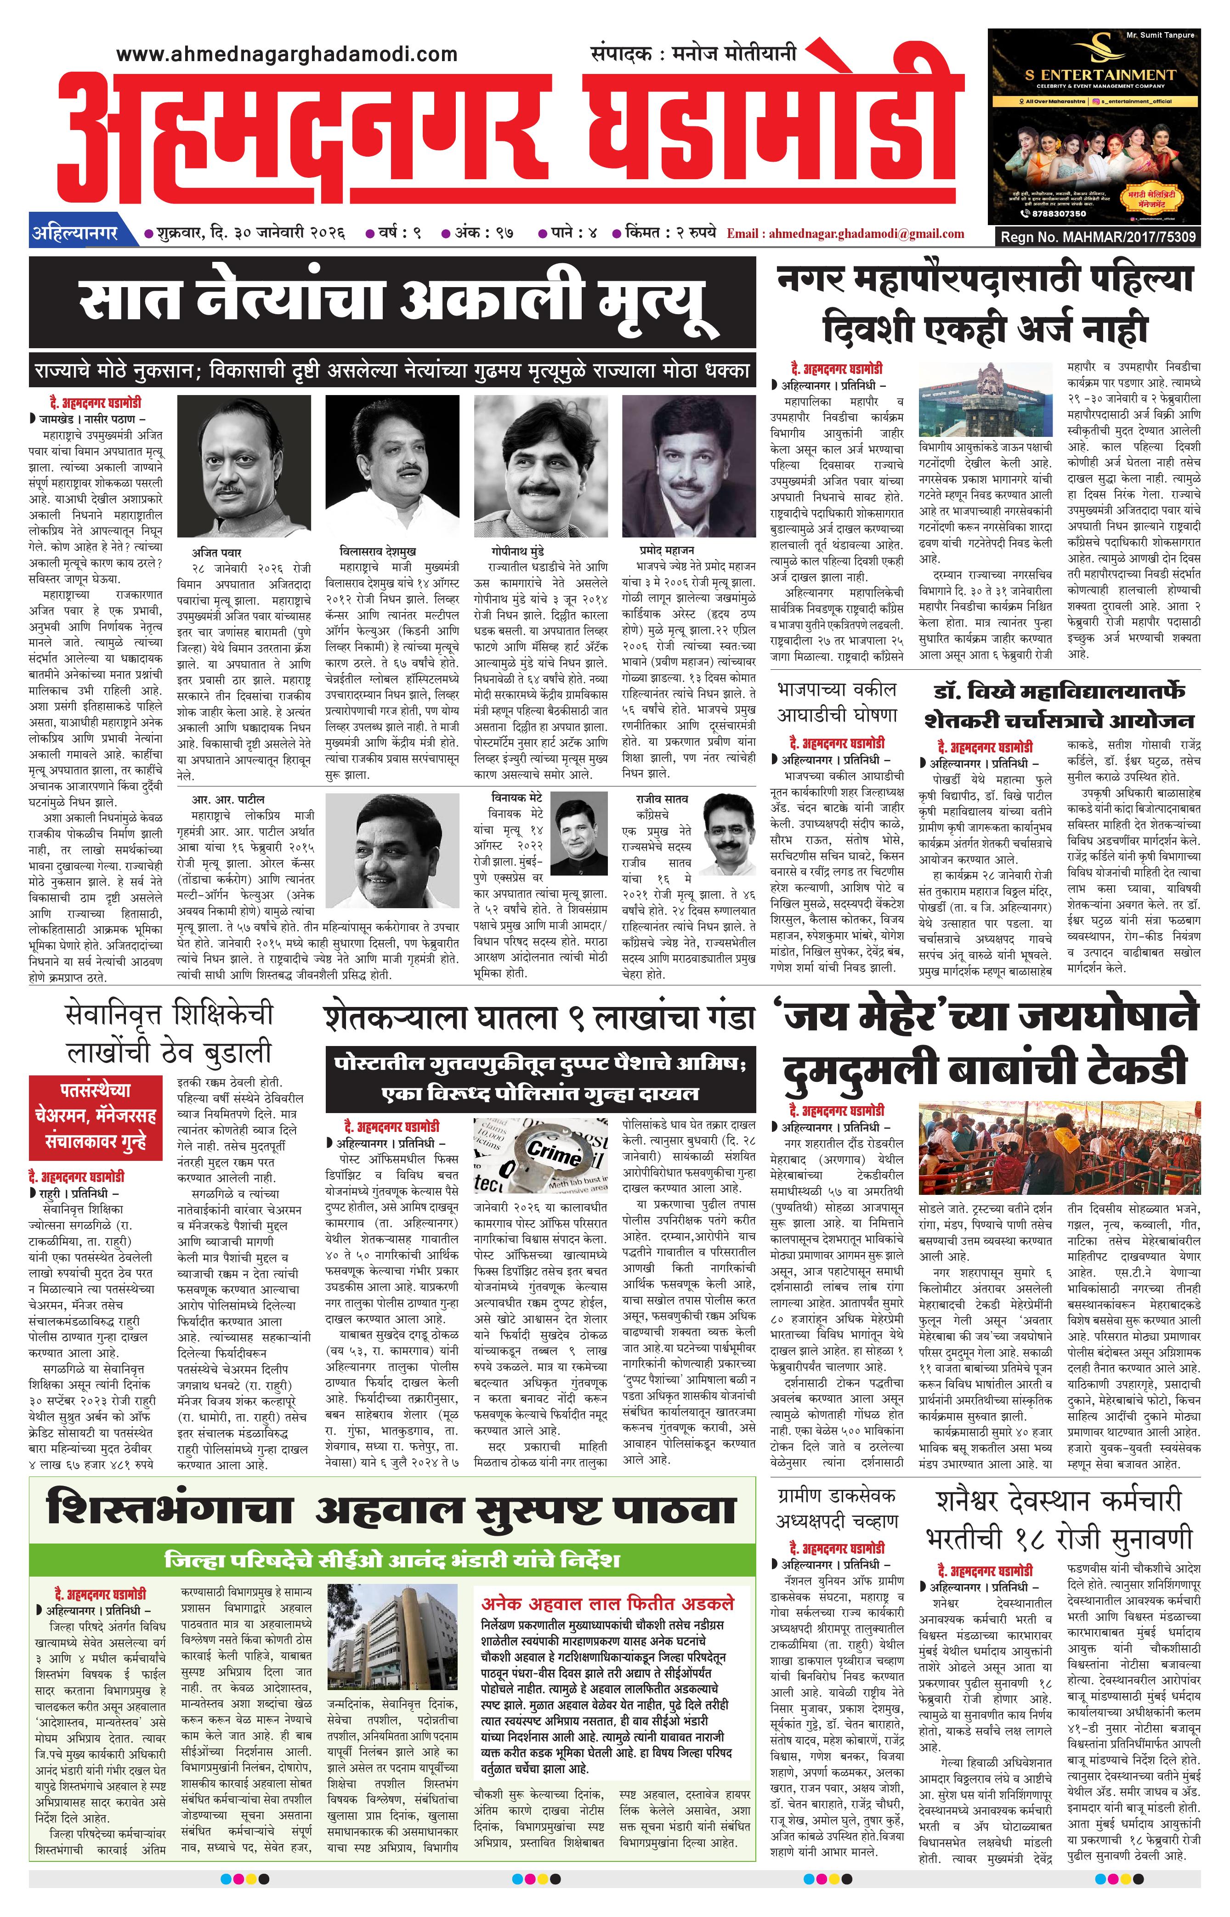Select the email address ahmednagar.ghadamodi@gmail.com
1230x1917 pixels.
tap(845, 234)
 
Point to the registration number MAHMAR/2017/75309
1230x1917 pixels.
tap(1098, 237)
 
